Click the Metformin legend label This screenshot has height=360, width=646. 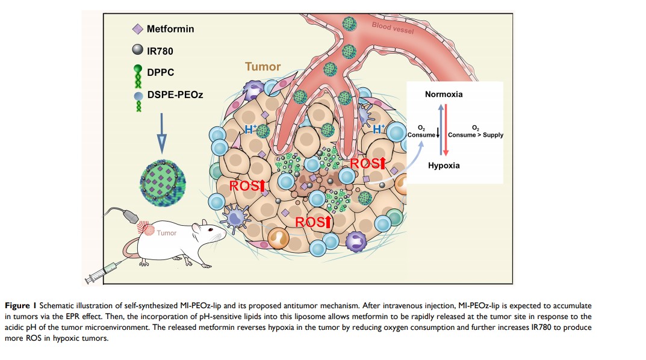tap(171, 28)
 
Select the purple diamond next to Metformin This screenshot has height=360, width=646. tap(137, 28)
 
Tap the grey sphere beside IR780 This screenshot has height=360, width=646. tap(138, 51)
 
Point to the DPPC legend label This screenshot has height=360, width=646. tap(161, 73)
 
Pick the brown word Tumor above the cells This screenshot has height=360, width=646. tap(262, 67)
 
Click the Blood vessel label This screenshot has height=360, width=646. tap(393, 26)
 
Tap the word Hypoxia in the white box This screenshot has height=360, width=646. tap(444, 166)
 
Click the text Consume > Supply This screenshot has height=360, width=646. tap(475, 135)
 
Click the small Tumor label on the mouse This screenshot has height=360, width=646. tap(167, 233)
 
